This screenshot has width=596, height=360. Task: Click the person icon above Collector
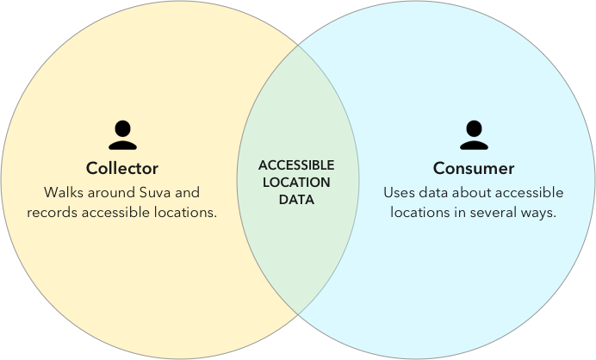tap(122, 135)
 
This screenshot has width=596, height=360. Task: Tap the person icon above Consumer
tap(473, 135)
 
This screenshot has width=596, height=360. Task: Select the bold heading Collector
tap(122, 168)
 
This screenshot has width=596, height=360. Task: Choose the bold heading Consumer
tap(473, 168)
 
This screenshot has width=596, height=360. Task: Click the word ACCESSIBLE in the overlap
tap(296, 165)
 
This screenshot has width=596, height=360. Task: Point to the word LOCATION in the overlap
tap(296, 183)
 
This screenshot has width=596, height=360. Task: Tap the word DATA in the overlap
tap(296, 200)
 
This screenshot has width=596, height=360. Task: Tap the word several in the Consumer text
tap(494, 212)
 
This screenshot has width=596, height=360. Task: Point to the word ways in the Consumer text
tap(539, 212)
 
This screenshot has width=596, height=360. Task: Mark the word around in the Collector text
tap(110, 191)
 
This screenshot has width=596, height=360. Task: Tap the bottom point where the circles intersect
tap(298, 313)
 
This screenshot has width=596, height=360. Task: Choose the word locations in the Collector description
tap(183, 212)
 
